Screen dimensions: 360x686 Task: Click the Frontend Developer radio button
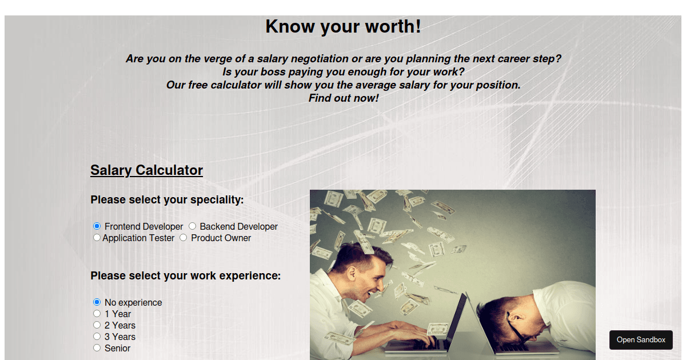coord(97,226)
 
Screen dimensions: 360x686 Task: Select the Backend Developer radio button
coord(192,226)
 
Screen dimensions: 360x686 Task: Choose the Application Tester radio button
coord(97,238)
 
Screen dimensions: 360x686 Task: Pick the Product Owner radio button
coord(183,238)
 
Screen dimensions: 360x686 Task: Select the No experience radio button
coord(97,302)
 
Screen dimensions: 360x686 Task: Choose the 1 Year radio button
coord(97,314)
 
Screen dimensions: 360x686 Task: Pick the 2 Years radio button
coord(97,325)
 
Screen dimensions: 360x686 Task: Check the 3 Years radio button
coord(97,337)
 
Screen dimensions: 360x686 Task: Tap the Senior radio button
coord(97,348)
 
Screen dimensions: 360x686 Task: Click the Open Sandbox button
coord(641,339)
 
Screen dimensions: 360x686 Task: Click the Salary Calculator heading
coord(146,170)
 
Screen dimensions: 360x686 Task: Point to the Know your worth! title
coord(343,26)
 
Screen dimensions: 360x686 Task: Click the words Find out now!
coord(344,98)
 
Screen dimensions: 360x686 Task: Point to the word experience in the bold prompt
coord(249,276)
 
